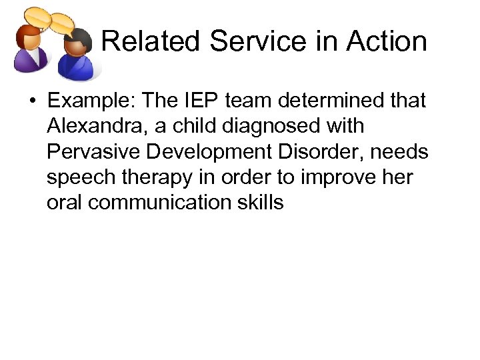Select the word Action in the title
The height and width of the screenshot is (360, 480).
click(387, 41)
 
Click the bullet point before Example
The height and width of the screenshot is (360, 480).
click(32, 101)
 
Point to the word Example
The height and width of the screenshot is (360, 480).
click(89, 101)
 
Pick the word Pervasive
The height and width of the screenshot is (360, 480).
click(93, 152)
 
